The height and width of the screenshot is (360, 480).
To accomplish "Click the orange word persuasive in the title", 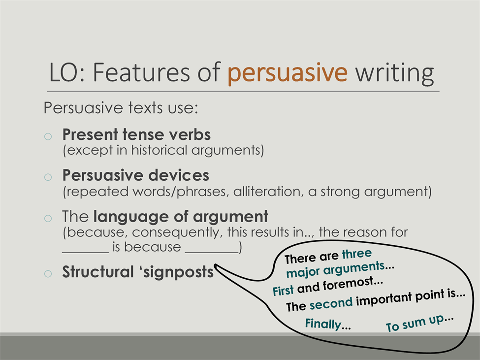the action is (x=288, y=73).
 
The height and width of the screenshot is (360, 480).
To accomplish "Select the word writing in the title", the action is (x=394, y=73).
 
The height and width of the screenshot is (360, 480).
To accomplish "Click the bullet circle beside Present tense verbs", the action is (x=48, y=136).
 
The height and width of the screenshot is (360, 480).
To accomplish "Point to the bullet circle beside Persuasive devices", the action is (x=48, y=177).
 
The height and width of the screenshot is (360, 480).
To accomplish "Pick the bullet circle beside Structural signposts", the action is (x=48, y=273).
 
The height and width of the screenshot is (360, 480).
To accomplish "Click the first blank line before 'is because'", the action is (x=85, y=253).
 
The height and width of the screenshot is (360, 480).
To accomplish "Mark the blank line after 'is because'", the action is (x=212, y=253).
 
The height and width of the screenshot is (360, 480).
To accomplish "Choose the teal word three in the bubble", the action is (x=356, y=254).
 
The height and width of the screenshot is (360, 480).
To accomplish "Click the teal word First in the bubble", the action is (x=283, y=291).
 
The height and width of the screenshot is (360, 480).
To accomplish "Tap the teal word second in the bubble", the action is (x=331, y=303).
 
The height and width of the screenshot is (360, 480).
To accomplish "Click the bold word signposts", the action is (x=178, y=272).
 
